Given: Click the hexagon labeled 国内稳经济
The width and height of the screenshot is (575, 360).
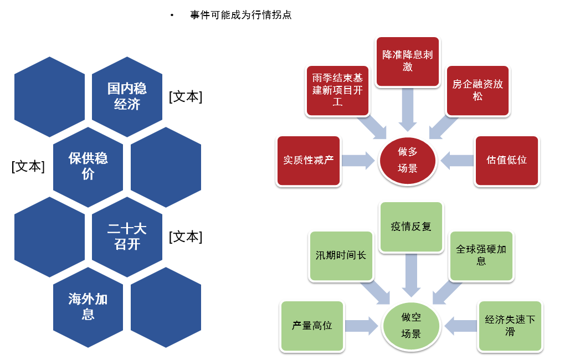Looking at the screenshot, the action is [127, 97].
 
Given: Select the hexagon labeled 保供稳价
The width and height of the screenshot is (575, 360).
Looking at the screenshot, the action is [88, 167].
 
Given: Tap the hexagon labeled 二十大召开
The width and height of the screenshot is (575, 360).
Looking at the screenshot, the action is [127, 237].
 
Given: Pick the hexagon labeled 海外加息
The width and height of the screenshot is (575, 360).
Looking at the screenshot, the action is [88, 307].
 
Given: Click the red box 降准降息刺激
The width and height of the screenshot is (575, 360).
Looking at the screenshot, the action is [407, 61].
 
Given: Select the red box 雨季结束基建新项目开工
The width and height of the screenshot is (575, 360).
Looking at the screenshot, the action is [337, 90].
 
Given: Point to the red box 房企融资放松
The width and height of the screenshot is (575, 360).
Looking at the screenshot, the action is [478, 90].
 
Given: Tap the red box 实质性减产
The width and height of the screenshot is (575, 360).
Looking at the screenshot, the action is [309, 161].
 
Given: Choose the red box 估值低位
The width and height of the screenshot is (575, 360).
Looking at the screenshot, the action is [506, 161].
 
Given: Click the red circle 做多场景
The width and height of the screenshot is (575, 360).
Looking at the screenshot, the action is [407, 161].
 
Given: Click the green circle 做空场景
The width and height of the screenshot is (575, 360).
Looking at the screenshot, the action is [410, 326].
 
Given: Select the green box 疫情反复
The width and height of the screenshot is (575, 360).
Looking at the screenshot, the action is [410, 227].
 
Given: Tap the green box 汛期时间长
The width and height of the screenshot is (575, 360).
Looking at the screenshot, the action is [341, 256].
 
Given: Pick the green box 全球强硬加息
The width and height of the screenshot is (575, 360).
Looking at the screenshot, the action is [481, 256].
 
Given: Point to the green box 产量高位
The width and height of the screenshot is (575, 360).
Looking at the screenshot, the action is [312, 326].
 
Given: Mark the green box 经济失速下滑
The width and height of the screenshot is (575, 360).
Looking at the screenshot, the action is [510, 326].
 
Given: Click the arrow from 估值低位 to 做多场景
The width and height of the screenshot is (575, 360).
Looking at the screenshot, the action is [457, 161].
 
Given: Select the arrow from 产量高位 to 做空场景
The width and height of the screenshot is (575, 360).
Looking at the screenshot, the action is [362, 326].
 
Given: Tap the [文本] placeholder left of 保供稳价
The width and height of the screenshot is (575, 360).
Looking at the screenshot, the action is [28, 167].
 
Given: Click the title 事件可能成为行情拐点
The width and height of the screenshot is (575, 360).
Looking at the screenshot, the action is [240, 15].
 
